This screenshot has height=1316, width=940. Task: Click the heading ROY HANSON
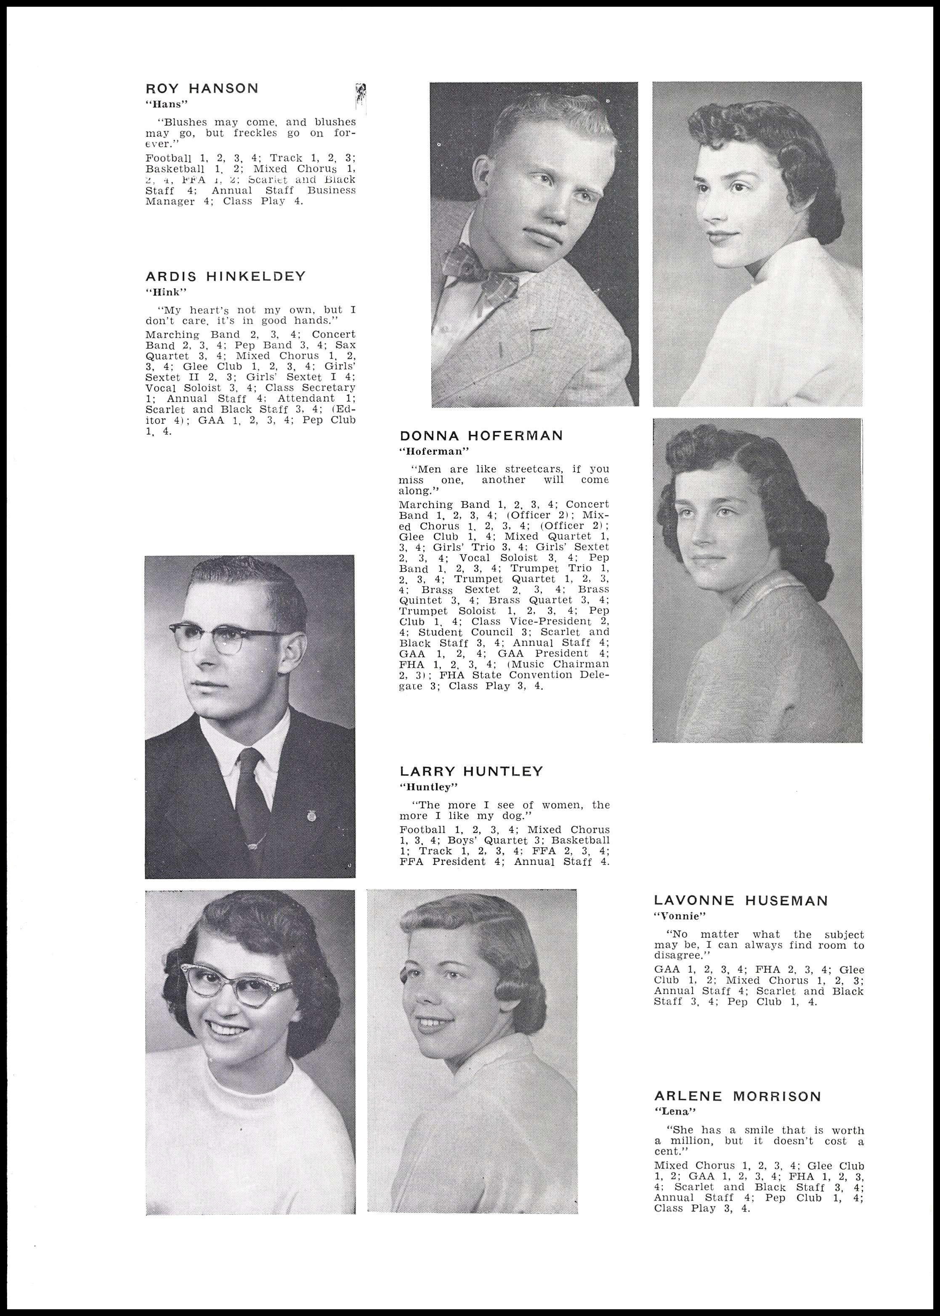click(202, 88)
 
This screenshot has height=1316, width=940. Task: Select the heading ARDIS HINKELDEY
click(225, 276)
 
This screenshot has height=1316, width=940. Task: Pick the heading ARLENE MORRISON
click(738, 1096)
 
